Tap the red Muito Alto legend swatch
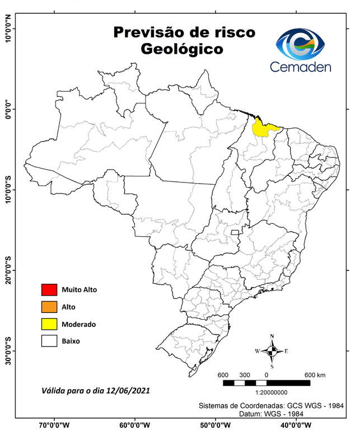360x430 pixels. coord(49,289)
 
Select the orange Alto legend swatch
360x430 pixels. coord(49,307)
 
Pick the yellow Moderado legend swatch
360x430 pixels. coord(49,324)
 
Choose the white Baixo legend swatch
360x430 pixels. coord(49,340)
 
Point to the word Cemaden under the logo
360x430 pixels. coord(300,67)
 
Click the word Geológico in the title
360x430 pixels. coord(182,49)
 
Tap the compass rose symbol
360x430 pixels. coord(272,351)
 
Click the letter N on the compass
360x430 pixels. coord(272,336)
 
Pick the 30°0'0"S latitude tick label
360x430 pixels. coord(8,350)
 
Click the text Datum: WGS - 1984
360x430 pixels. coord(270,413)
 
